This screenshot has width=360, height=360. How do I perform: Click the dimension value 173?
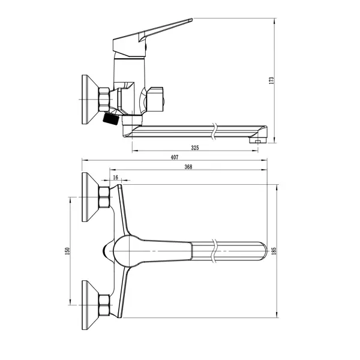(x=272, y=80)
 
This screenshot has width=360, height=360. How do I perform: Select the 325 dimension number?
(x=195, y=148)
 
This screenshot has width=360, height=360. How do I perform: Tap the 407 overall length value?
(x=175, y=157)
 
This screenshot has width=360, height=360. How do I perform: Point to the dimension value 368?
(x=188, y=167)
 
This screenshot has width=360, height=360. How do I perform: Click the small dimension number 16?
(x=115, y=177)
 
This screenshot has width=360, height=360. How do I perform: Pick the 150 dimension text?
(x=67, y=251)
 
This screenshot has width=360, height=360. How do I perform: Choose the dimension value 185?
(x=274, y=251)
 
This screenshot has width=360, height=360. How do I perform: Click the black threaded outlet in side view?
(x=110, y=118)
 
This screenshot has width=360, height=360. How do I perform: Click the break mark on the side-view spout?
(x=215, y=131)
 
